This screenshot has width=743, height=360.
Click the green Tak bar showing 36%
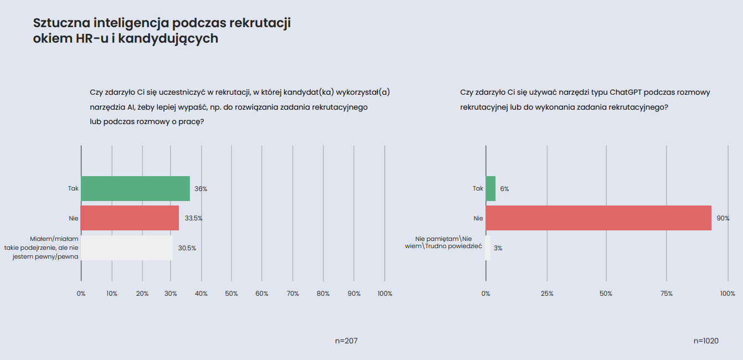pyautogui.click(x=135, y=188)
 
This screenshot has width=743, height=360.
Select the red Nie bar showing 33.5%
pyautogui.click(x=130, y=218)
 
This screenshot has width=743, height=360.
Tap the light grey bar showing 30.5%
pyautogui.click(x=126, y=248)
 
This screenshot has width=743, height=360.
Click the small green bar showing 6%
pyautogui.click(x=491, y=188)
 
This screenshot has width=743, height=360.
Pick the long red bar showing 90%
pyautogui.click(x=598, y=218)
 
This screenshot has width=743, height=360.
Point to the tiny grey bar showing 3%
pyautogui.click(x=488, y=248)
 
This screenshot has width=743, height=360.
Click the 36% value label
pyautogui.click(x=200, y=189)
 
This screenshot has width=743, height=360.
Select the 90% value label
pyautogui.click(x=723, y=219)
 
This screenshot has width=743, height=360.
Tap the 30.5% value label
pyautogui.click(x=187, y=248)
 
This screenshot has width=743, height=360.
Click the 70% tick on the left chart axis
pyautogui.click(x=293, y=294)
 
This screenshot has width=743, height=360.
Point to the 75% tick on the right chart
pyautogui.click(x=666, y=294)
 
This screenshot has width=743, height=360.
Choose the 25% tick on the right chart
pyautogui.click(x=547, y=294)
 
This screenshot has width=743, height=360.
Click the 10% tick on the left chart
pyautogui.click(x=112, y=294)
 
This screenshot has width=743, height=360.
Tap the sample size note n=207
pyautogui.click(x=347, y=341)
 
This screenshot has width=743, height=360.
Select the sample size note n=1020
pyautogui.click(x=706, y=341)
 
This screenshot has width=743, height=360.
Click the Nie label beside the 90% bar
pyautogui.click(x=478, y=219)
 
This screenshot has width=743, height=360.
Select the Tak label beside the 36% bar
pyautogui.click(x=73, y=189)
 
